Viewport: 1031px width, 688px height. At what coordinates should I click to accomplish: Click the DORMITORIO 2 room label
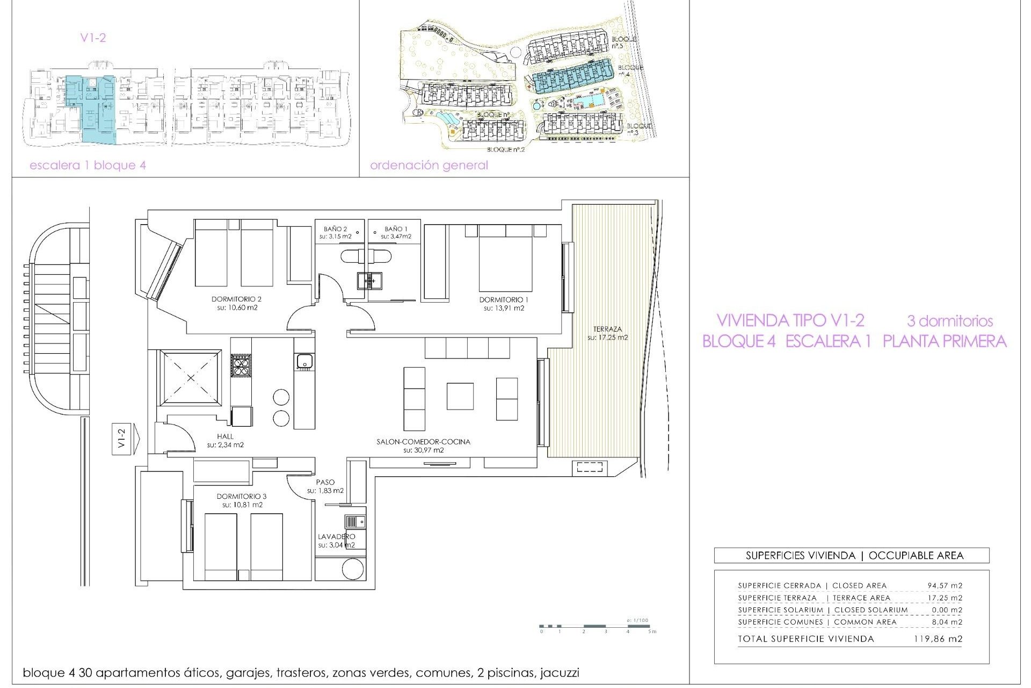tap(236, 299)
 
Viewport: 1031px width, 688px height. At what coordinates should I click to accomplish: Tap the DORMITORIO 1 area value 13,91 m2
tap(504, 309)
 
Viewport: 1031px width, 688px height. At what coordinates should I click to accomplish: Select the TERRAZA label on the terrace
tap(607, 329)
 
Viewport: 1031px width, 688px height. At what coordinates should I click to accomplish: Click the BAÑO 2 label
tap(335, 229)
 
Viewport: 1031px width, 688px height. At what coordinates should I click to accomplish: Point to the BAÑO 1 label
tap(396, 229)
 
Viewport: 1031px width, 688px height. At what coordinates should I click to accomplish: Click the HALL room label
tap(226, 436)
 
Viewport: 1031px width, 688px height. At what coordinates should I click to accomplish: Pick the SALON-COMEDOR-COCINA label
tap(423, 442)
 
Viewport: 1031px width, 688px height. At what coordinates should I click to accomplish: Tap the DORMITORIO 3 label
tap(242, 497)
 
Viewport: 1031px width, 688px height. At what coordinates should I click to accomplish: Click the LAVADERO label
tap(336, 536)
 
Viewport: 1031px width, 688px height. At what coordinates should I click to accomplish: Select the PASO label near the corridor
tap(325, 482)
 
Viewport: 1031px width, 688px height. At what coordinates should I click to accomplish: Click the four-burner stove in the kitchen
tap(241, 365)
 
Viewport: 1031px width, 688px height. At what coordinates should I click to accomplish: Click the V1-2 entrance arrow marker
tap(126, 440)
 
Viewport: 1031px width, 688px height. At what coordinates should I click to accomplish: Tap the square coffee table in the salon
tap(460, 396)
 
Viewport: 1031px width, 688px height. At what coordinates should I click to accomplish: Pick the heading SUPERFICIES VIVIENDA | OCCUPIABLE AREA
tap(854, 556)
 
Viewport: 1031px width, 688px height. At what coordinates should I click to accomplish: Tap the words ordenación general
tap(429, 166)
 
